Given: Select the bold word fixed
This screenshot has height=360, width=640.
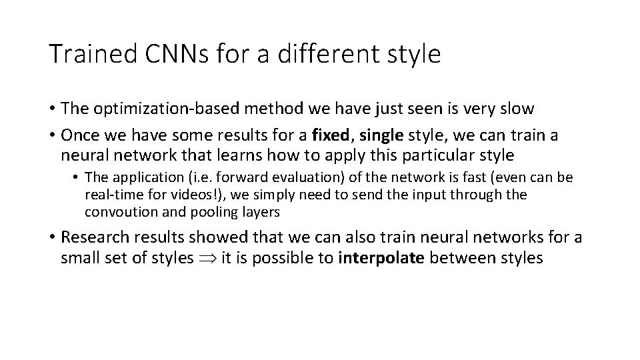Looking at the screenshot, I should click(x=331, y=135).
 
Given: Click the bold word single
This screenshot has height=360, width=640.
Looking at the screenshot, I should click(x=381, y=135).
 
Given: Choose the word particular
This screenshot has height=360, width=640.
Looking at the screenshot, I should click(x=441, y=156).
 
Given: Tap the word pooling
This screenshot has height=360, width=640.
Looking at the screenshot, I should click(x=193, y=212).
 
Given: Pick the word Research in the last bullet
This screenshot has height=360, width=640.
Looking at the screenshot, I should click(x=93, y=237).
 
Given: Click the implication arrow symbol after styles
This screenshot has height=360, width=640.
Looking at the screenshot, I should click(x=203, y=258).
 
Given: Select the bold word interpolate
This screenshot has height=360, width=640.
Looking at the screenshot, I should click(x=382, y=258).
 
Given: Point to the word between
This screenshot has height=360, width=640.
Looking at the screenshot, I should click(x=459, y=258).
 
